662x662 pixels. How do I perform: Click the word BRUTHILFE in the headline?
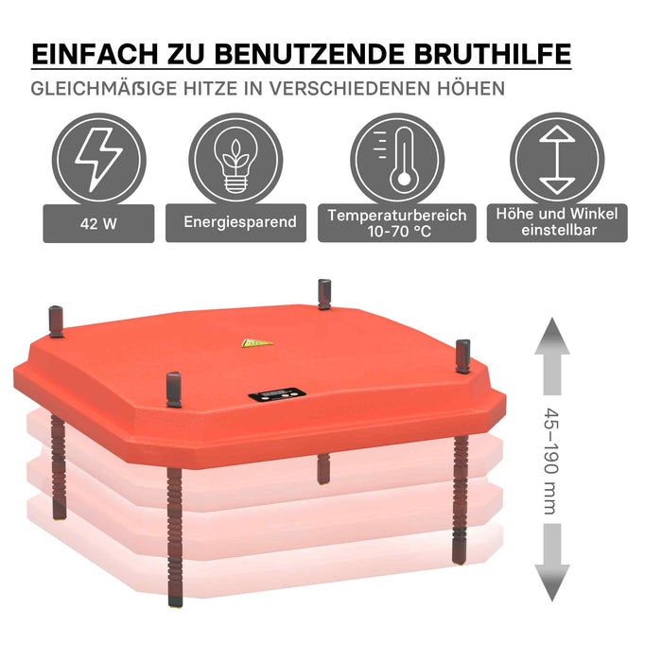[493, 54]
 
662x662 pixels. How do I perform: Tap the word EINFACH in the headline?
[95, 54]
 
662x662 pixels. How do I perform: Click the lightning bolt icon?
[98, 159]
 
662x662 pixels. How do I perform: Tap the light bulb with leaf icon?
[235, 160]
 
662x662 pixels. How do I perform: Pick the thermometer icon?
[398, 160]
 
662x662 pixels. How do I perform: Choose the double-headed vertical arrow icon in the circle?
[557, 159]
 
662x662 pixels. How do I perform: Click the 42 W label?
[98, 223]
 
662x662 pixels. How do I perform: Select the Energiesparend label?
[235, 222]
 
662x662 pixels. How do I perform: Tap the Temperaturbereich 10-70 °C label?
[397, 223]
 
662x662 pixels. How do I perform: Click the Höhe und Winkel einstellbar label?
[557, 222]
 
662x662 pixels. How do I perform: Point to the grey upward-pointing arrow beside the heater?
[552, 357]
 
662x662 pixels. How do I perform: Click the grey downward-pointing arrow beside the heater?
[552, 563]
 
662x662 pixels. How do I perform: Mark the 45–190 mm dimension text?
[551, 462]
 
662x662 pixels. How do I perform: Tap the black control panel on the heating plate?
[277, 394]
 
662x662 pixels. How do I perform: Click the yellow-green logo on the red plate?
[257, 342]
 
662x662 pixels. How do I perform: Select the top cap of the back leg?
[324, 294]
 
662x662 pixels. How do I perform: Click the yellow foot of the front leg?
[176, 605]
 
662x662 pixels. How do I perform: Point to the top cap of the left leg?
[56, 322]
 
